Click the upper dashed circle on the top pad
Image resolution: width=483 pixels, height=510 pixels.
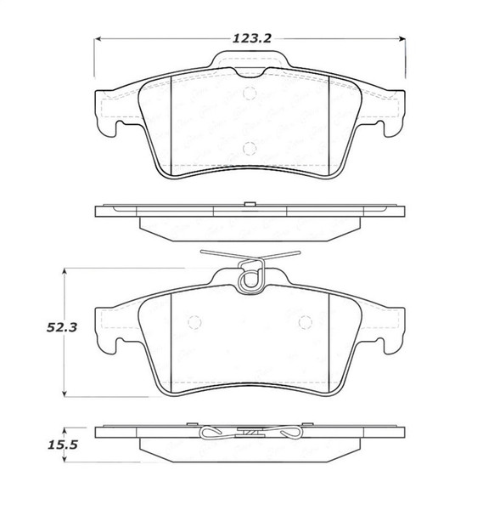[248, 93]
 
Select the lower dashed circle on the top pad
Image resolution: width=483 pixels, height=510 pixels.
[248, 146]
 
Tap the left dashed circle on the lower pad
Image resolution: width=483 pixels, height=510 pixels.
[193, 323]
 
